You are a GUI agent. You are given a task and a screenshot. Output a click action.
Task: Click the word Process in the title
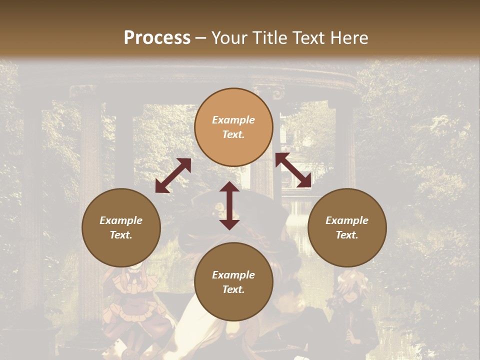pos(157,38)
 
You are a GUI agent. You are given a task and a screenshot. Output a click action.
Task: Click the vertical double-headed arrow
pos(229,205)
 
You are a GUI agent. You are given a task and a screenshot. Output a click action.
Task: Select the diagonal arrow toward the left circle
pos(173,175)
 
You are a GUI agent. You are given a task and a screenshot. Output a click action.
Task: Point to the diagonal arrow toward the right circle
pos(293,170)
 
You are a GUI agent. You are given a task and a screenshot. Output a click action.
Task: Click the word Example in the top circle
pos(233,120)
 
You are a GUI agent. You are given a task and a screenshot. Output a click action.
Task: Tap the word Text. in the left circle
pos(121,235)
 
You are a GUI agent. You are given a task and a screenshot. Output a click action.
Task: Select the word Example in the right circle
pos(347,220)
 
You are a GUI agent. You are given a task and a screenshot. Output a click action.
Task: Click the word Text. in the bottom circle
pos(233,289)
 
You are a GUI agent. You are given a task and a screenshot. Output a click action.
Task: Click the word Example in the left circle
pos(121,220)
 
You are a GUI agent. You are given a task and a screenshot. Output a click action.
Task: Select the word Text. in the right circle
pos(347,235)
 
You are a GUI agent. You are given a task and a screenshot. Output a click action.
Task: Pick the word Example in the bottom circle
pos(233,275)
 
